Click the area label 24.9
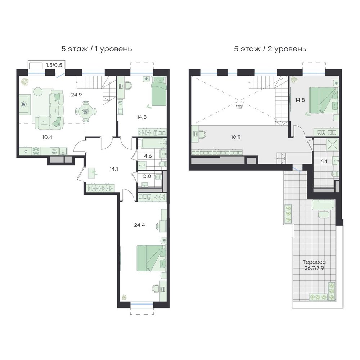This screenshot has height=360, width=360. pos(76,94)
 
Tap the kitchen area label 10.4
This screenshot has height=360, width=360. pos(47,137)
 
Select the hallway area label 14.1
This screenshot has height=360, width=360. pos(114,169)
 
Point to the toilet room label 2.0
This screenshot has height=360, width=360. pos(147,176)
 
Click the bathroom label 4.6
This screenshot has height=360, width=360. pos(148,156)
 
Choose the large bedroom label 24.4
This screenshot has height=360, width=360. pos(139,225)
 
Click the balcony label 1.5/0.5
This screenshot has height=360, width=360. pos(54,65)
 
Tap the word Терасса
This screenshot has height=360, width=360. pos(314,262)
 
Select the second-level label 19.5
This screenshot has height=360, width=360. pos(235,137)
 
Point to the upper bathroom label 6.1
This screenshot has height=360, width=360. pos(324,161)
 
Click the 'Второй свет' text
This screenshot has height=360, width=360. pos(239,107)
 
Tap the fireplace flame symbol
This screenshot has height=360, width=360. pos(24,104)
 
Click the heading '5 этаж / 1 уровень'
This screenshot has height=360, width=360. pos(96,49)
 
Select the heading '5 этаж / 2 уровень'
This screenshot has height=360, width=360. pos(270,49)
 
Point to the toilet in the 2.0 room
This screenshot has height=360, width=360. pos(158,177)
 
